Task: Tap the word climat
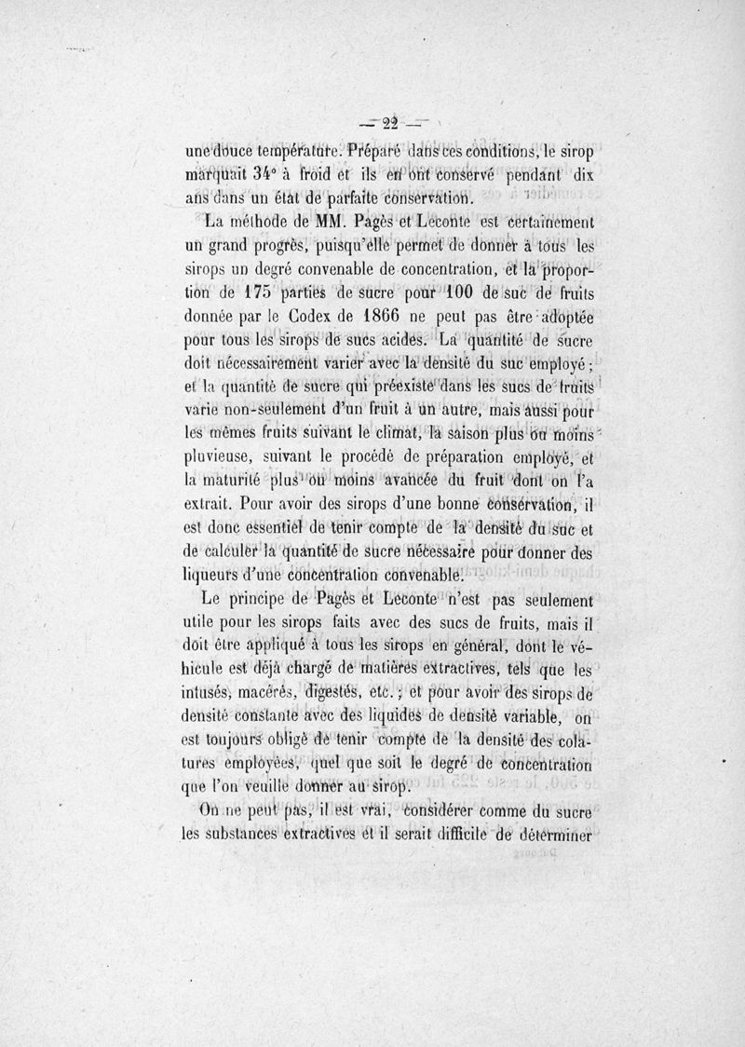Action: click(x=374, y=432)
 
